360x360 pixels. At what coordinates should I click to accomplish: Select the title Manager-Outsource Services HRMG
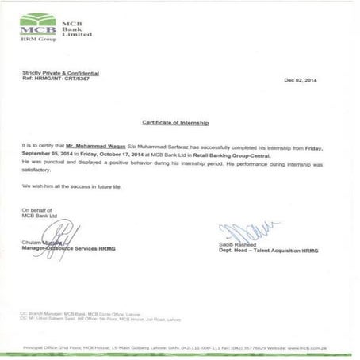69,248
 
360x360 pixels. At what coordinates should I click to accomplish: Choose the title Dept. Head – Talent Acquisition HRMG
267,251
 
